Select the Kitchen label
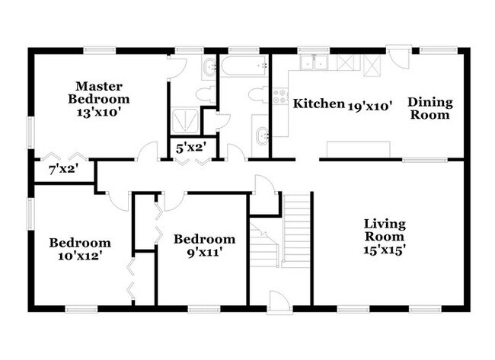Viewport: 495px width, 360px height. [x=318, y=104]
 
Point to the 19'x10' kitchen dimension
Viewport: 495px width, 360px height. [x=370, y=105]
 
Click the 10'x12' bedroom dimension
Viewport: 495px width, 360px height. [x=80, y=256]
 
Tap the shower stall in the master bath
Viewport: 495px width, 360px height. [x=185, y=120]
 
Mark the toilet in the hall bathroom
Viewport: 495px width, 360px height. [x=257, y=95]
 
